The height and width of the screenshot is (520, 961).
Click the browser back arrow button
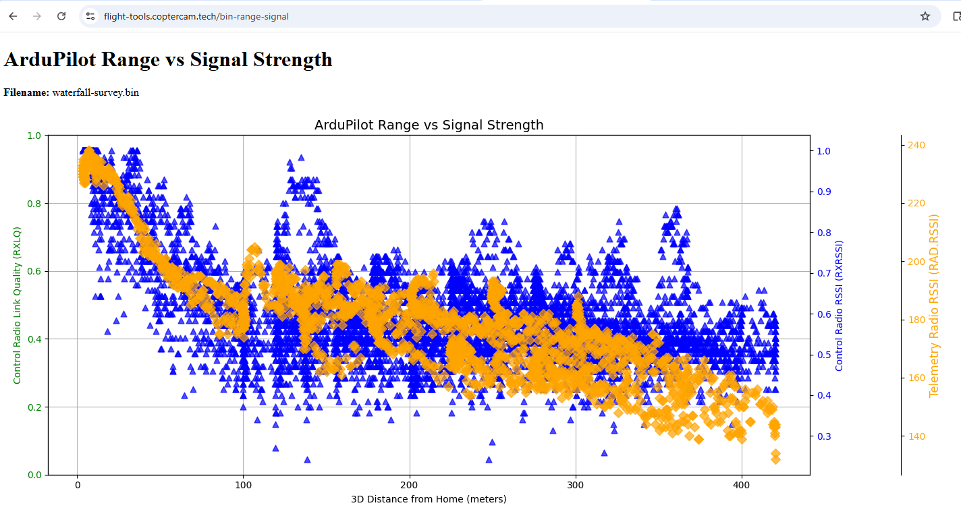click(13, 16)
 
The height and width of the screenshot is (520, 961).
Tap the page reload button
click(61, 16)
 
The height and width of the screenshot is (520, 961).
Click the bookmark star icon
click(925, 16)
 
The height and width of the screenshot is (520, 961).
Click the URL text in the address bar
click(196, 16)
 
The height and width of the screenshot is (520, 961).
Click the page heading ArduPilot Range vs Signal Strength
click(168, 59)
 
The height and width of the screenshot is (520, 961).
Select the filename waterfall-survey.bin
click(96, 92)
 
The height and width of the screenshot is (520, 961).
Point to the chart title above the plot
click(429, 125)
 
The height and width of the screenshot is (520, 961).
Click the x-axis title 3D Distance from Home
click(429, 499)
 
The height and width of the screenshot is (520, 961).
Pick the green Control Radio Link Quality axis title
click(18, 306)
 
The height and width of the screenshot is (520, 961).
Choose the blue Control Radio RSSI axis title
click(840, 306)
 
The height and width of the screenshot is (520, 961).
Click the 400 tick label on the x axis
click(742, 486)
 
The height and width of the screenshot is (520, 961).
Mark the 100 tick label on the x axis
click(243, 486)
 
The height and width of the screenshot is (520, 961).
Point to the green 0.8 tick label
click(34, 204)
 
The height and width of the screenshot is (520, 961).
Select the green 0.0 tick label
click(34, 475)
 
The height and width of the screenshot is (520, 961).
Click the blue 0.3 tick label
click(824, 436)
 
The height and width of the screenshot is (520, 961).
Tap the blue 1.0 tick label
click(824, 151)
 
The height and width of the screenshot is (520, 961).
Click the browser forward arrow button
click(37, 16)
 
